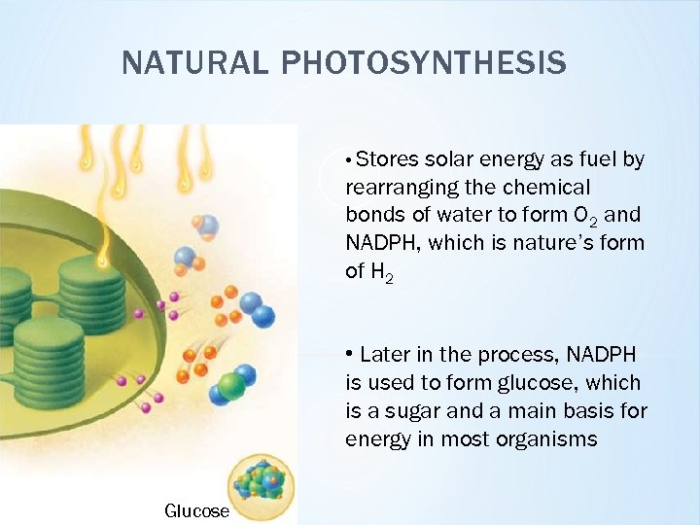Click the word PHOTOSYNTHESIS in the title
(424, 63)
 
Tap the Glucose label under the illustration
(196, 511)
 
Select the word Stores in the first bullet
(388, 159)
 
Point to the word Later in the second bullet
(385, 356)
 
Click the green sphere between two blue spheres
(231, 386)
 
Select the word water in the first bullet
(458, 215)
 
